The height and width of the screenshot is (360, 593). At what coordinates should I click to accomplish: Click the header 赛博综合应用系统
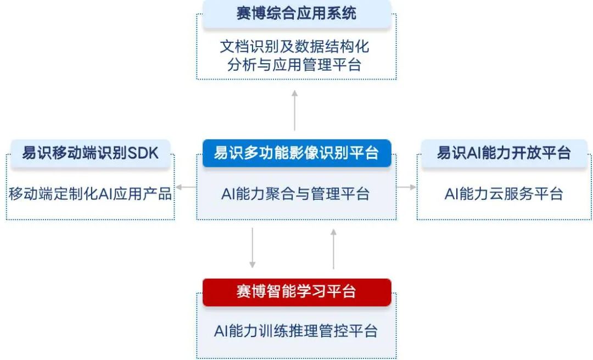[x=296, y=13]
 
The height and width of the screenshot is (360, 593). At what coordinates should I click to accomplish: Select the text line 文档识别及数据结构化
[x=296, y=46]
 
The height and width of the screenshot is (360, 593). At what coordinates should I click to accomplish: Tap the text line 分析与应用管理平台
[x=296, y=65]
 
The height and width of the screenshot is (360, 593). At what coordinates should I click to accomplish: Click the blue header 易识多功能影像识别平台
[x=296, y=153]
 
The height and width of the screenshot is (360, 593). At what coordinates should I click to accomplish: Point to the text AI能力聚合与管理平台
[x=296, y=194]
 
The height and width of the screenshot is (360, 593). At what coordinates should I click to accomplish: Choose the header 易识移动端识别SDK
[x=91, y=153]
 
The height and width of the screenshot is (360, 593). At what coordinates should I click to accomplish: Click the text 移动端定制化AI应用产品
[x=91, y=194]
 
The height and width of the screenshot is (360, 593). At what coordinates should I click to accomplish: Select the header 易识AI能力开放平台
[x=504, y=153]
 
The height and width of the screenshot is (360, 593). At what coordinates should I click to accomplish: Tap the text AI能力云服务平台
[x=504, y=194]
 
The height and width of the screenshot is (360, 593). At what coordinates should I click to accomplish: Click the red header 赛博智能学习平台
[x=296, y=291]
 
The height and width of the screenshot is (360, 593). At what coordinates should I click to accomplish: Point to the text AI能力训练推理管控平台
[x=296, y=331]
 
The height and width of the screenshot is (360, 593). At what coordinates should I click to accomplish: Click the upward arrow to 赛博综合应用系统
[x=295, y=110]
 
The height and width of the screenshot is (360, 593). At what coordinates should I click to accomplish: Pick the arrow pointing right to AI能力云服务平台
[x=407, y=188]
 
